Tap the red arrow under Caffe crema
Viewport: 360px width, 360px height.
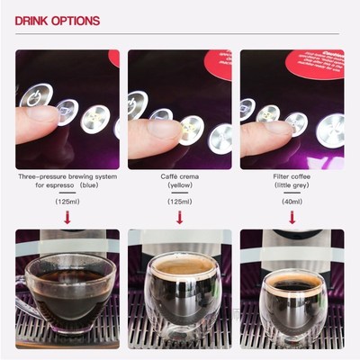[179, 216]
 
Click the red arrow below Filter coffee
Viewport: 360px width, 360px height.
[291, 216]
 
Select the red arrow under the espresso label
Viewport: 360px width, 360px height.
[67, 216]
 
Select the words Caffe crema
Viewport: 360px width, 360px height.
[179, 177]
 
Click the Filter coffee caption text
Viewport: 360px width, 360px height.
[291, 177]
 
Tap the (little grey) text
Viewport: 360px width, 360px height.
[291, 186]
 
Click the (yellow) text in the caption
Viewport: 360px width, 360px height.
[179, 186]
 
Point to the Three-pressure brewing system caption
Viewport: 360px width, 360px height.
[67, 177]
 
